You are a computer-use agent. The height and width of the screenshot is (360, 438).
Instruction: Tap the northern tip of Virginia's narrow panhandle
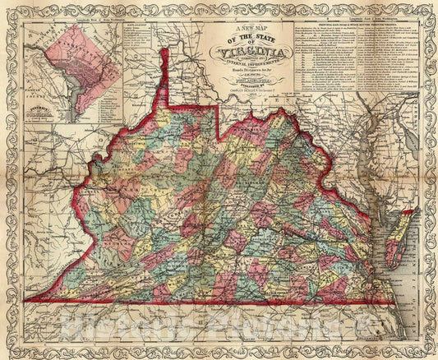tap(164, 51)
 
